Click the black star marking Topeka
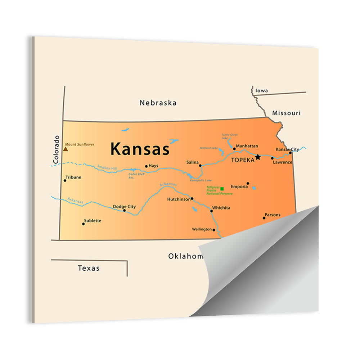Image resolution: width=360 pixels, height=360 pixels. tap(258, 157)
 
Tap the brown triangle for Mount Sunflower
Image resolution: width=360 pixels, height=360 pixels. tap(66, 149)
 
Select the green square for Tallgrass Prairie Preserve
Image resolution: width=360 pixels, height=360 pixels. tap(222, 189)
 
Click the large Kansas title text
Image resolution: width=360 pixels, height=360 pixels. tap(140, 149)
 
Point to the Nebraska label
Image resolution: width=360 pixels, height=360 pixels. tap(158, 103)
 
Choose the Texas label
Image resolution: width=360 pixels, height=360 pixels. tap(89, 268)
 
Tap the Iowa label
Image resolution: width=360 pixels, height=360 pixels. tap(262, 91)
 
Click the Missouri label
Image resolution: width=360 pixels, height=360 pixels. tap(286, 113)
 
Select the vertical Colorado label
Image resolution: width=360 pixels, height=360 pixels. tap(56, 150)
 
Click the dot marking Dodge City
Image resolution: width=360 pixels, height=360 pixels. tap(125, 210)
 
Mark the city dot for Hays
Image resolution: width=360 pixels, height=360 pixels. tap(146, 166)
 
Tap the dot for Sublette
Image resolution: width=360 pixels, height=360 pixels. tap(83, 224)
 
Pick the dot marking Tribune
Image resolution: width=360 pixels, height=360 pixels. tap(65, 180)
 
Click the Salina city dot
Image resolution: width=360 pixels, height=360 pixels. tap(201, 166)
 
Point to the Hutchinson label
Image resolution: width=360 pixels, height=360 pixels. tap(179, 199)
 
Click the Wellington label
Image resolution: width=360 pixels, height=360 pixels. tap(202, 229)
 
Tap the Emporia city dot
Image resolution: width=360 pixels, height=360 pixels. tap(248, 183)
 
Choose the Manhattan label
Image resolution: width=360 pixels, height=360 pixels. tap(247, 146)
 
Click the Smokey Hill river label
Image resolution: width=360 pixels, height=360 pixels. tap(107, 167)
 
